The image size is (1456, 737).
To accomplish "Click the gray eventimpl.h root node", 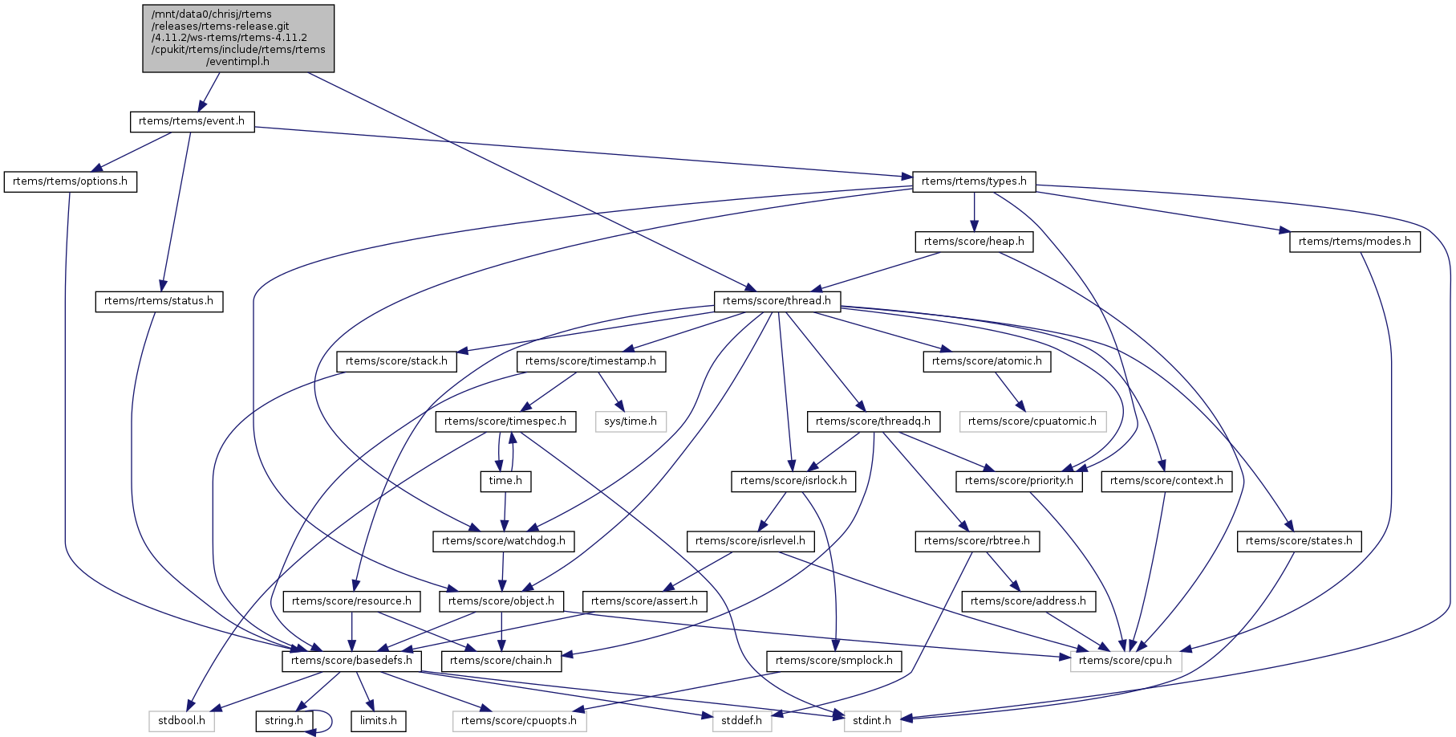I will click(x=238, y=38).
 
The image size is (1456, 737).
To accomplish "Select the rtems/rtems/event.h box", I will click(x=192, y=121).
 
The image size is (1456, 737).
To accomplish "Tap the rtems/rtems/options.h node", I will click(x=70, y=181).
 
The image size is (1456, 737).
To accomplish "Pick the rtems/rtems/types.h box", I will click(x=974, y=181).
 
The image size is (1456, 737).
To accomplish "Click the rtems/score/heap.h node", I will click(x=974, y=242).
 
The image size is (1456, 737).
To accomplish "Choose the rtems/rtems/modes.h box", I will click(x=1354, y=242).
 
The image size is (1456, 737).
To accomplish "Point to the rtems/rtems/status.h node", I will click(x=159, y=301).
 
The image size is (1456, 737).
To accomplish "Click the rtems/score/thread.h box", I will click(x=777, y=301).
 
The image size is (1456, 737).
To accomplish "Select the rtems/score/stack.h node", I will click(x=396, y=361).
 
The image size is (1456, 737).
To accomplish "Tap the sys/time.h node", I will click(x=631, y=421).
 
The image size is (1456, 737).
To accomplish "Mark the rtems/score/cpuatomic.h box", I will click(x=1032, y=421).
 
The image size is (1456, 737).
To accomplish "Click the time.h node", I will click(x=505, y=481).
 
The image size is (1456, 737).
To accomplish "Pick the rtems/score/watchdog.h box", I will click(x=503, y=541).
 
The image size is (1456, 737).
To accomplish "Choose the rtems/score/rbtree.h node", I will click(x=976, y=541).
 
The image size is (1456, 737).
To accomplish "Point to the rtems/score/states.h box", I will click(x=1298, y=541).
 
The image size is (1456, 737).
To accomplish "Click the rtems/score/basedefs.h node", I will click(x=351, y=661).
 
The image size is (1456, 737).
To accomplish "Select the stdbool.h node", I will click(x=181, y=721).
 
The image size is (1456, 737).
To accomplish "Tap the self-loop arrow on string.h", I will click(x=329, y=720).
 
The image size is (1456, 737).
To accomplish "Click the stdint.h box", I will click(x=872, y=721).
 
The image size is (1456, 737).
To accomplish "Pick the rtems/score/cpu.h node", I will click(x=1125, y=661).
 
